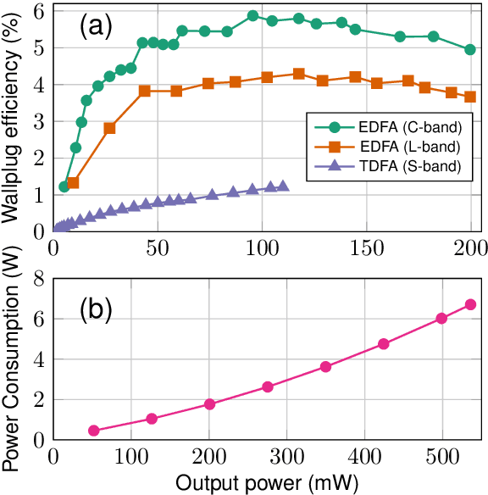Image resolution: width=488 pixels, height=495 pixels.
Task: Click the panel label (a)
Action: (97, 27)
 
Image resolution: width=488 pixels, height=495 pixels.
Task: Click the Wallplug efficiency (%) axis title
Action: (11, 117)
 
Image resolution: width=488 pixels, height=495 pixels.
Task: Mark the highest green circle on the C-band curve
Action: (252, 16)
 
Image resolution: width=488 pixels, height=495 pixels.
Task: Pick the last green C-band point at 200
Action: (470, 49)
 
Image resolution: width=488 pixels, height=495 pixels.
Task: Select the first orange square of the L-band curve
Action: (73, 183)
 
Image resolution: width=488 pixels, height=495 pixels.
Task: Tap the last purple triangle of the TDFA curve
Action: (283, 186)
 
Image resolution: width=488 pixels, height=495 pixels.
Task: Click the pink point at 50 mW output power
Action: (93, 431)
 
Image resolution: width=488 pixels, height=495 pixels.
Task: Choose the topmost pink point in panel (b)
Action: (471, 304)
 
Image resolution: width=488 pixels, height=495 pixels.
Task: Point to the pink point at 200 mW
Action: (210, 404)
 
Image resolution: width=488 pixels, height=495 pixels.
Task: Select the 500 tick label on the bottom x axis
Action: (441, 456)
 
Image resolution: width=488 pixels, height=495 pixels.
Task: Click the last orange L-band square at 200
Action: (470, 97)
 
